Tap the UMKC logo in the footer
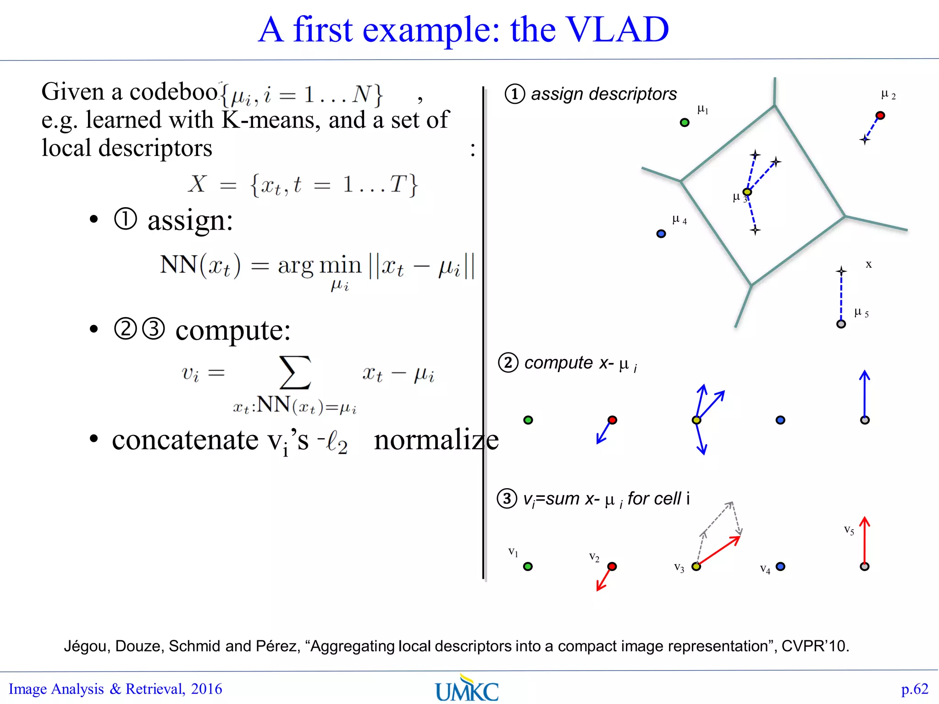coord(467,689)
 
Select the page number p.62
coord(914,689)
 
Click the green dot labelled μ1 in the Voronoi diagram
coord(685,122)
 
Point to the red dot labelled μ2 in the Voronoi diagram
coord(880,115)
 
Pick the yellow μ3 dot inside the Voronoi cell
coord(747,192)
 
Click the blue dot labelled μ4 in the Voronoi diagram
coord(661,234)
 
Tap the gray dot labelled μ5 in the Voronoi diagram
coord(841,324)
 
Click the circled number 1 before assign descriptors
coord(514,94)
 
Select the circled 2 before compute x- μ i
coord(508,363)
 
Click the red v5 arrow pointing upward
coord(864,541)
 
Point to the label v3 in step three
coord(679,567)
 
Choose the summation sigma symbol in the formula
coord(295,373)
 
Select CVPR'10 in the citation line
coord(815,646)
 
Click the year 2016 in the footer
coord(206,689)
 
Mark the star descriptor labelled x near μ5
coord(841,271)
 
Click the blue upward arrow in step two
coord(864,394)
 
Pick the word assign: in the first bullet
coord(190,220)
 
